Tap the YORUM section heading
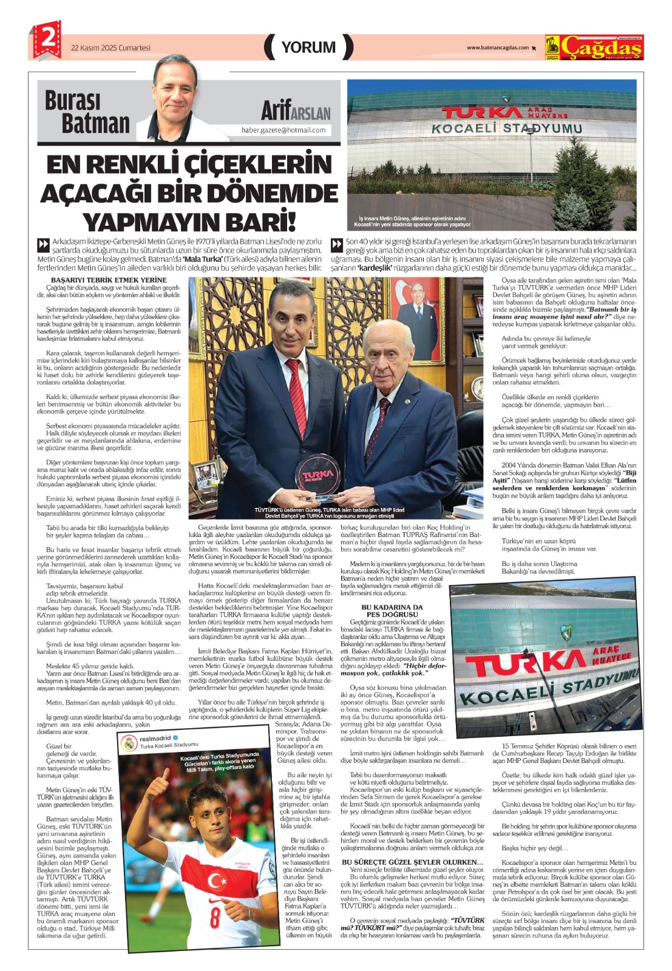[308, 47]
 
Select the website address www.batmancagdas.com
[497, 48]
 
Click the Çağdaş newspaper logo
[594, 47]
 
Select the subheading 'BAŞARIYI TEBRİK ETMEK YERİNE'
[109, 280]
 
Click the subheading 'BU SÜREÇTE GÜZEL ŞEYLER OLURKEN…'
[413, 862]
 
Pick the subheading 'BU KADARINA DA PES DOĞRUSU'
[392, 611]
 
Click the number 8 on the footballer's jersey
[215, 917]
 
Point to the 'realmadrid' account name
[155, 739]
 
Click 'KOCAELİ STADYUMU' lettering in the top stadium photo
[506, 128]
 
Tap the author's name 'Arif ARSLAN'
[296, 110]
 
